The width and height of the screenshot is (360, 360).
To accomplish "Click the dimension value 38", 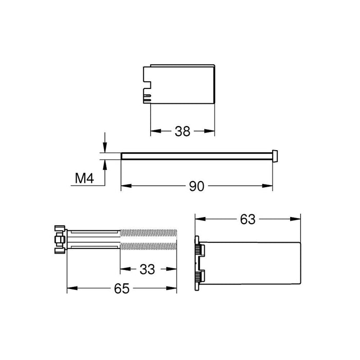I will coord(182,131).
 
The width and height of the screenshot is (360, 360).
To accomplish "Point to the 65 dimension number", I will coord(121,289).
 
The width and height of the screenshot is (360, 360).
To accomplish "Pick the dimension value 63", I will coord(247,219).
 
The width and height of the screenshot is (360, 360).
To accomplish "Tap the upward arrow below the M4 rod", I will coord(105,164).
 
